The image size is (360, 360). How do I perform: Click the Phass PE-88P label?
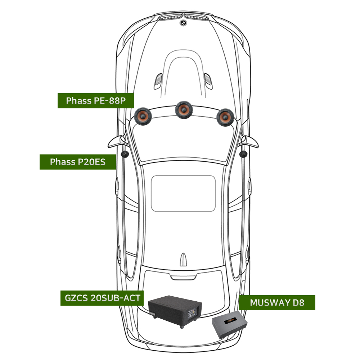pos(95,100)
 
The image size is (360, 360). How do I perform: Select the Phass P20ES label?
pos(78,162)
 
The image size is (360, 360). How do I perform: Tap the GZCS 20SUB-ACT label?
pos(102,298)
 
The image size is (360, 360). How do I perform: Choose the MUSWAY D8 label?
pos(277,303)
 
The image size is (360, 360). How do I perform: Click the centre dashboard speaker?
pos(184,110)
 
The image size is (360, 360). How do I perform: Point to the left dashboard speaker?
pos(143,116)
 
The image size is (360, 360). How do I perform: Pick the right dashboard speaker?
pos(225,117)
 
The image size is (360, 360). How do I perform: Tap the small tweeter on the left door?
pos(125,154)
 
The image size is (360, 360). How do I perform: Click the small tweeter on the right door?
pos(243,154)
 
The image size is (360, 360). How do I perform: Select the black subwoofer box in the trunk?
pos(175,311)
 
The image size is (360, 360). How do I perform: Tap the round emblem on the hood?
pos(183,23)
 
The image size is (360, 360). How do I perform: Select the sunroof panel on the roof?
pos(183,193)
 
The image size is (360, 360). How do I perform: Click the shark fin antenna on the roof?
pos(183,260)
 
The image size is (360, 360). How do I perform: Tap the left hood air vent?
pos(158,81)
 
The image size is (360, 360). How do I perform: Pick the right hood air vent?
pos(208,81)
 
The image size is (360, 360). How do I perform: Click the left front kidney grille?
pos(170,17)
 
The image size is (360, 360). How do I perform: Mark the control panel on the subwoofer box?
pos(192,313)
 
